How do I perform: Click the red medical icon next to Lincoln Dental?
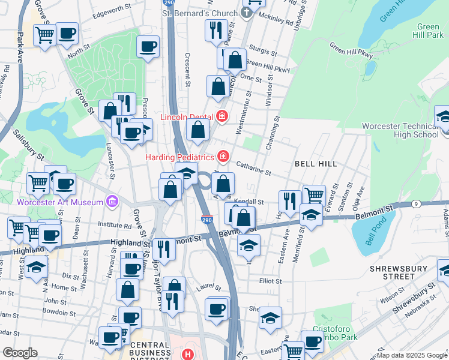(x=222, y=115)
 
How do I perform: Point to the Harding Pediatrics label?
(x=180, y=157)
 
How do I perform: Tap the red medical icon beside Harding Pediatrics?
(x=223, y=157)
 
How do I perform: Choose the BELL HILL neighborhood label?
(x=313, y=163)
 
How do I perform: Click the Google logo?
(x=20, y=353)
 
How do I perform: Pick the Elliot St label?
(x=270, y=281)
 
